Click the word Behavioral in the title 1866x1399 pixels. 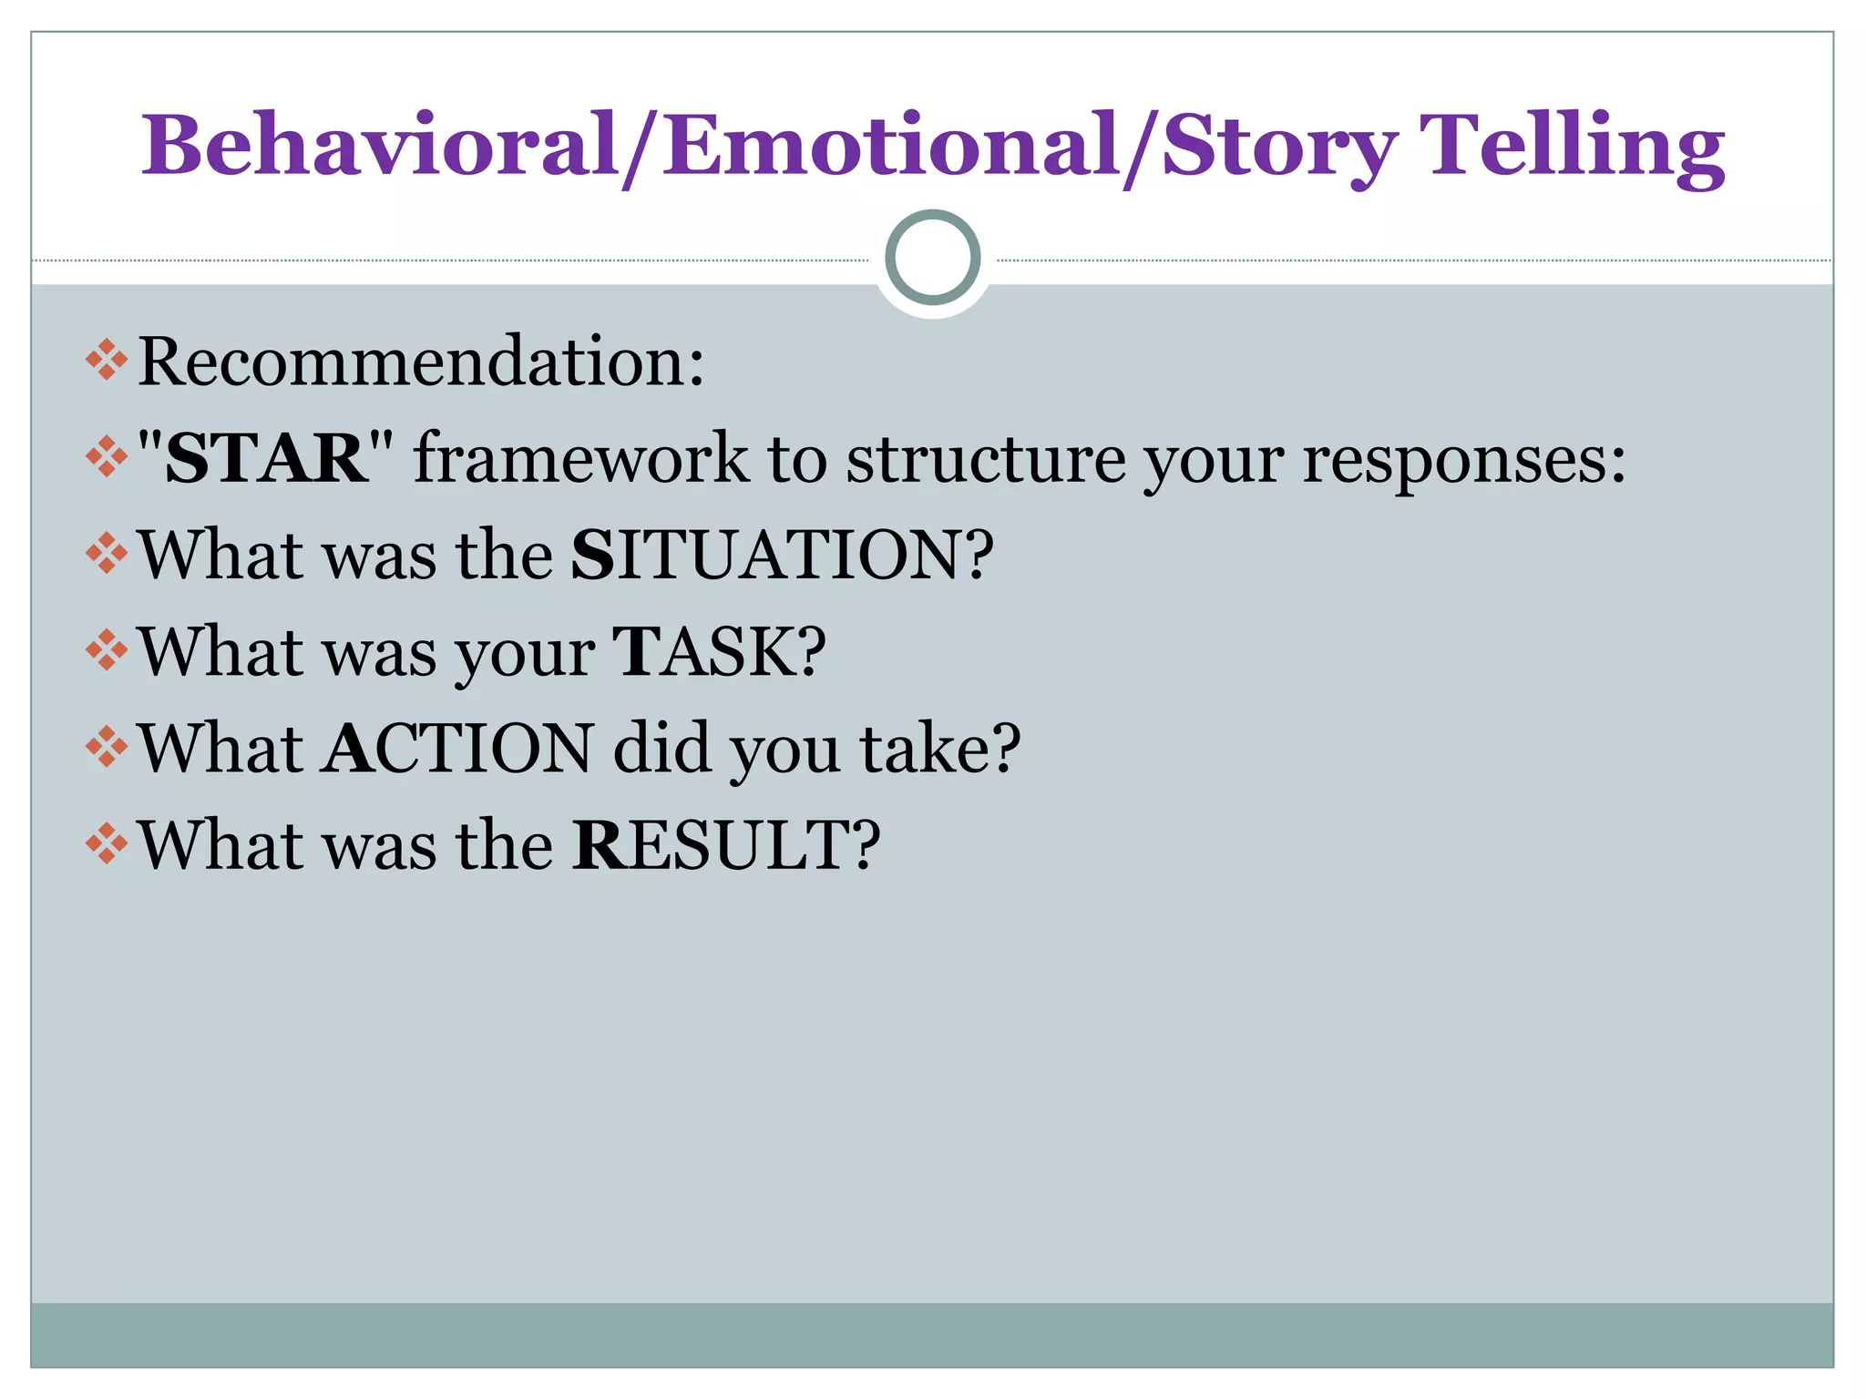click(380, 146)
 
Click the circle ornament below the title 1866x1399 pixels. click(932, 257)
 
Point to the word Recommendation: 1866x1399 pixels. click(421, 362)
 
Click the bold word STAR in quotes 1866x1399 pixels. click(266, 458)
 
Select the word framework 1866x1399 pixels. click(580, 458)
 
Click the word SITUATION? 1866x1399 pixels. click(782, 555)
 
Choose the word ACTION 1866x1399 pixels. click(458, 749)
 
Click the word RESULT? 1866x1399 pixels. click(726, 845)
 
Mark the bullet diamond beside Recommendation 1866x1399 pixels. click(107, 360)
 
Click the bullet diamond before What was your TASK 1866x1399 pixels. click(107, 650)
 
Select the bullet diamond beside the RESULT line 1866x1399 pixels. click(107, 843)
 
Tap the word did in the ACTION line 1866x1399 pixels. click(661, 749)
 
